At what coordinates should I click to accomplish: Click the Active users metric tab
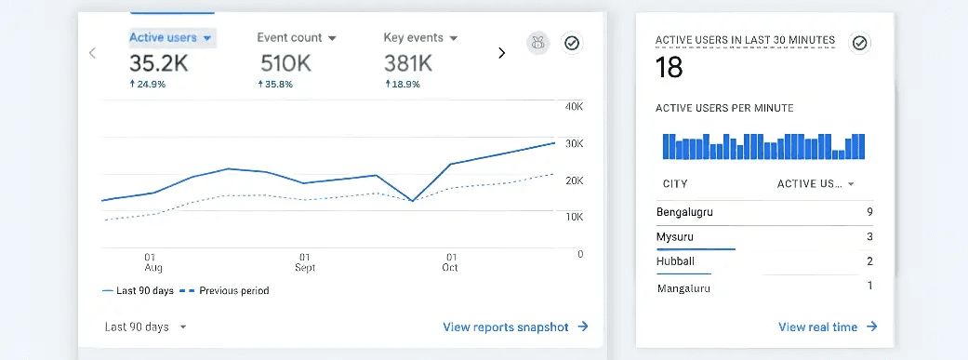pyautogui.click(x=171, y=38)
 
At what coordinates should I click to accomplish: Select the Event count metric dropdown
pyautogui.click(x=296, y=38)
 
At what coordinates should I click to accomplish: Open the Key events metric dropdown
pyautogui.click(x=420, y=38)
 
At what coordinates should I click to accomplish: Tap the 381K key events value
pyautogui.click(x=408, y=63)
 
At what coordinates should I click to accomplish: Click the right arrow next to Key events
pyautogui.click(x=502, y=53)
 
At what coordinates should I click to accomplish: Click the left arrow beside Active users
pyautogui.click(x=92, y=53)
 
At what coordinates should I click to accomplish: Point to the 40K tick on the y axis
pyautogui.click(x=574, y=106)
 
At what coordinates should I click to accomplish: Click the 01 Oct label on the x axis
pyautogui.click(x=451, y=262)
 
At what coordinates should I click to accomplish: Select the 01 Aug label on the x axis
pyautogui.click(x=151, y=262)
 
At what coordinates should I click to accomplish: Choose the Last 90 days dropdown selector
pyautogui.click(x=145, y=327)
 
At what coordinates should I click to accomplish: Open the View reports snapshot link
pyautogui.click(x=515, y=327)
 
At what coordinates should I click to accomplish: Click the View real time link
pyautogui.click(x=828, y=327)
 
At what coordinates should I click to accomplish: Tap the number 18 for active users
pyautogui.click(x=669, y=67)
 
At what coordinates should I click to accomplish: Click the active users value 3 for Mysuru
pyautogui.click(x=869, y=237)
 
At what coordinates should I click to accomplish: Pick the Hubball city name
pyautogui.click(x=675, y=261)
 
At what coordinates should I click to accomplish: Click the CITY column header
pyautogui.click(x=675, y=183)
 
